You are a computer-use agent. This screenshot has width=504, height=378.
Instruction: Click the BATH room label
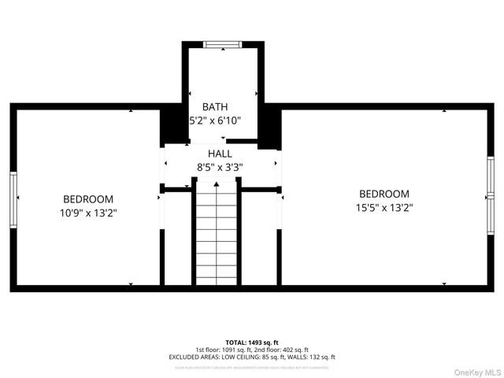[215, 106]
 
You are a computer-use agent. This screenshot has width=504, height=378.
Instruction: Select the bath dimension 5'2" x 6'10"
[214, 121]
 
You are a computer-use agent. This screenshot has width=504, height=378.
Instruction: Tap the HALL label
[220, 153]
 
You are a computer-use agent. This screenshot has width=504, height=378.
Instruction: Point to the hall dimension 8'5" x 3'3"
[220, 167]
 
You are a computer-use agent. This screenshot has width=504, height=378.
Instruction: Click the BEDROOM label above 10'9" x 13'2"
[88, 199]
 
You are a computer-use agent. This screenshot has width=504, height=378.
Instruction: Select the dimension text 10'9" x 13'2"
[88, 213]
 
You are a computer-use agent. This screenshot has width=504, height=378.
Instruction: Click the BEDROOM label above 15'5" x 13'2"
[384, 194]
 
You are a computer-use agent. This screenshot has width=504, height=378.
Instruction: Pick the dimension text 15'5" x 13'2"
[384, 208]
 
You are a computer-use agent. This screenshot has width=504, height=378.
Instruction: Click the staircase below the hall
[217, 232]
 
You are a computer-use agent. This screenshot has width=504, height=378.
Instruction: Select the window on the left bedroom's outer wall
[13, 199]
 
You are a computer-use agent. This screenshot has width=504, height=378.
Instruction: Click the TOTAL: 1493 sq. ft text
[253, 342]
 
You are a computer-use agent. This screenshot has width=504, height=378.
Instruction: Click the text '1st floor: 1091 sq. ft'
[223, 349]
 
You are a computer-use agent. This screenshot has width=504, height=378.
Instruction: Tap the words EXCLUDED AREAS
[191, 357]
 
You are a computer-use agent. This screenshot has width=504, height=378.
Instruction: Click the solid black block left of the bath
[172, 124]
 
